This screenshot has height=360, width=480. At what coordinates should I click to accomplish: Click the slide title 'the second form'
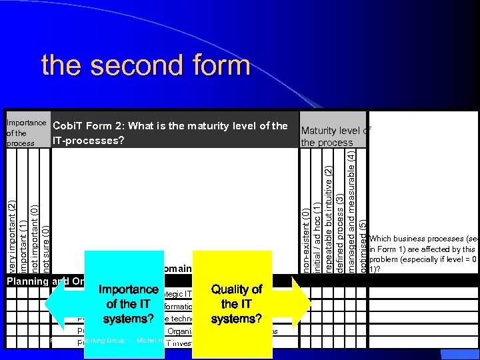click(145, 66)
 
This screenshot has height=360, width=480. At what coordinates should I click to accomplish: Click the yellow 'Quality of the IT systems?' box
click(236, 303)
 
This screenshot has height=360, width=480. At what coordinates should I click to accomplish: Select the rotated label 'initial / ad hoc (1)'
click(317, 233)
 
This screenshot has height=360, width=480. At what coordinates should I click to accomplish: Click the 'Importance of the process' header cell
click(25, 132)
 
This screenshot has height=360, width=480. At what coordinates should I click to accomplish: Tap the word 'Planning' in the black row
click(27, 281)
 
